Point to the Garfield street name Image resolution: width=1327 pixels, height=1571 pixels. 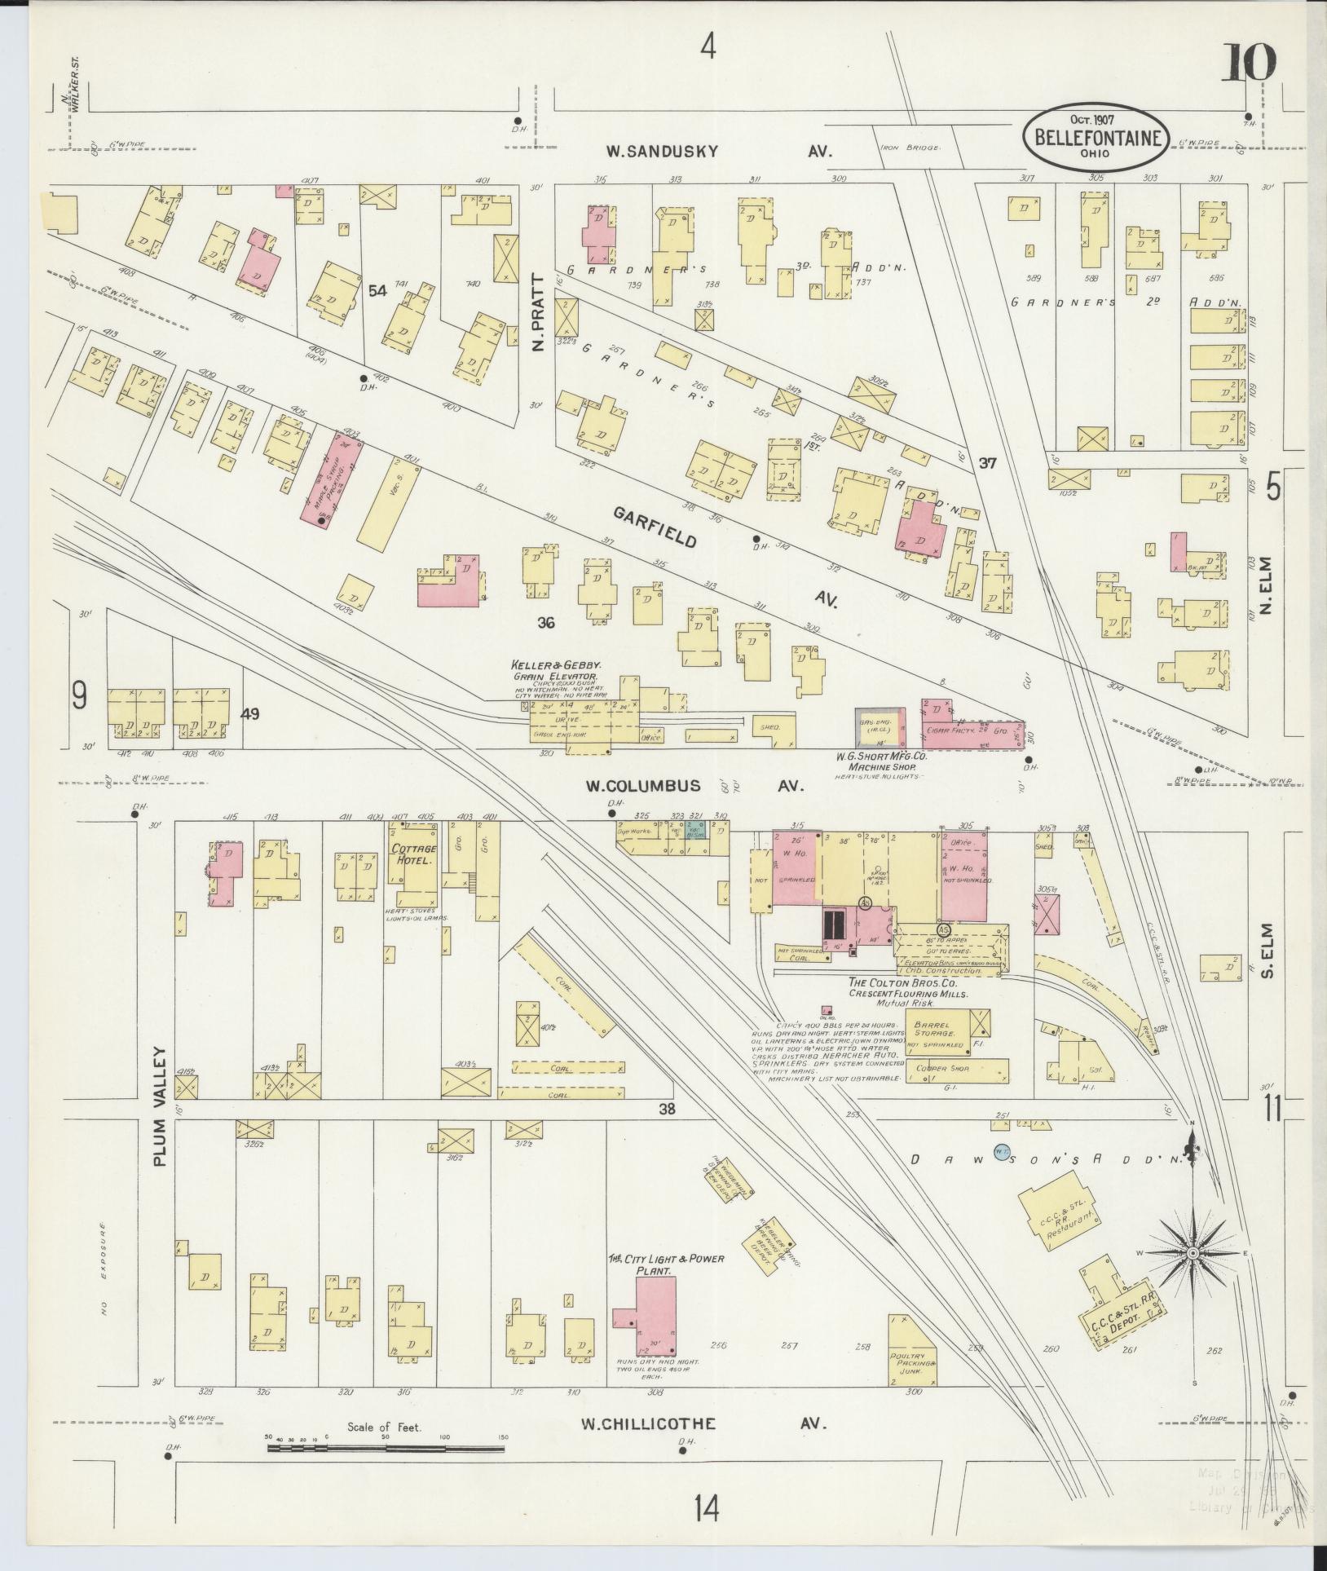click(654, 526)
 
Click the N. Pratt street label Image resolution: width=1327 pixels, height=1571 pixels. click(537, 322)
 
